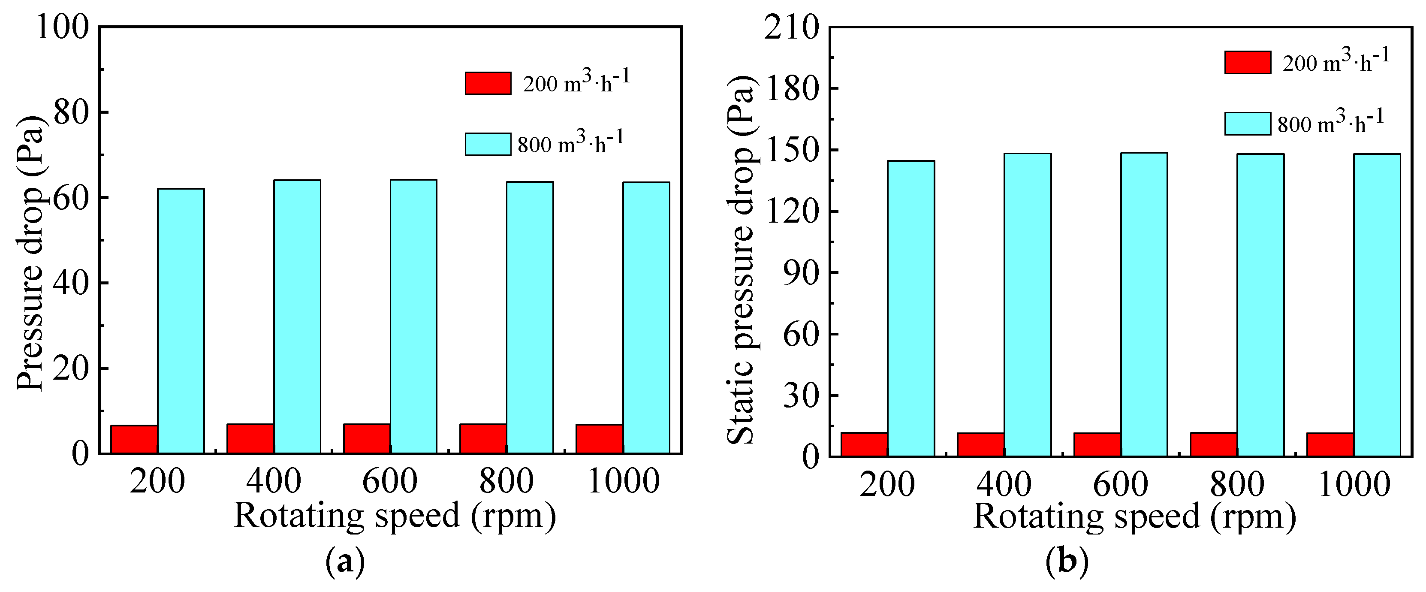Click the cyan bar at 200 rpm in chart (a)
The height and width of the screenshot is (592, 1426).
(x=181, y=321)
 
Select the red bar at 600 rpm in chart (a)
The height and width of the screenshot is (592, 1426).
(x=366, y=438)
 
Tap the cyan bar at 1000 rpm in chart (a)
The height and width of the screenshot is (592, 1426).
(x=646, y=318)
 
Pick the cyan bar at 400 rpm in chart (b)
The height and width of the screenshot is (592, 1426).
(x=1028, y=305)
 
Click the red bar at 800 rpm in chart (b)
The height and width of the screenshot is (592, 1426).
(x=1213, y=445)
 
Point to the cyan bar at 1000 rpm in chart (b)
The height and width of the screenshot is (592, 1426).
(x=1377, y=305)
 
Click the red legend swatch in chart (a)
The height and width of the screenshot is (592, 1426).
(x=488, y=84)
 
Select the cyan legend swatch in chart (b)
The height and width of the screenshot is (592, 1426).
(x=1247, y=124)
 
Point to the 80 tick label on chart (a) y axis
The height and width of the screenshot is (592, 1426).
(x=71, y=112)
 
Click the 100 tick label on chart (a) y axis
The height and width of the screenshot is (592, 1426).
(x=62, y=27)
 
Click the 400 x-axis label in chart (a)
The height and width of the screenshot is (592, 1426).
(x=274, y=481)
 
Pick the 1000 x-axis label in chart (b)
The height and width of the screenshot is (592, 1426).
(x=1354, y=484)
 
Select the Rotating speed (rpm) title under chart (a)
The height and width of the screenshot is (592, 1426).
(x=395, y=516)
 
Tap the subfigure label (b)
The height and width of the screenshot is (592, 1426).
(x=1066, y=562)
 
